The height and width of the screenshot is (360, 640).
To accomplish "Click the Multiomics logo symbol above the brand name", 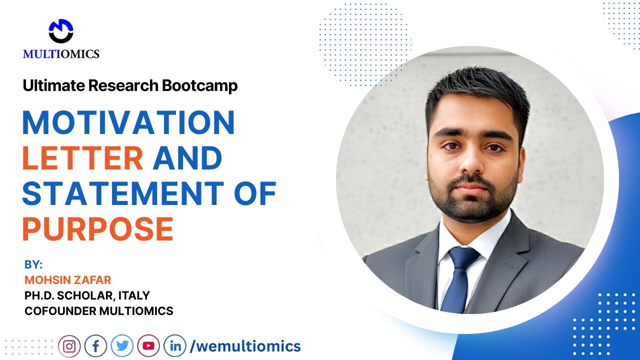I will point(61,31).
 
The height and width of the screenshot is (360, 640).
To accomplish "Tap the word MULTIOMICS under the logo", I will point(61,54).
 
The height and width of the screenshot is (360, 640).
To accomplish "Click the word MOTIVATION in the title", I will point(128,123).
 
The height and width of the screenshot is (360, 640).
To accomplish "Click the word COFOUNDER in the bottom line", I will point(59,310).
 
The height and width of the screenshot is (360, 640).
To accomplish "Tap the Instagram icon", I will point(69,345).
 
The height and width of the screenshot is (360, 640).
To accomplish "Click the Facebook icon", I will point(95,345).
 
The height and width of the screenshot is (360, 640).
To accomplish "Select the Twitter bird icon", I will point(122,345).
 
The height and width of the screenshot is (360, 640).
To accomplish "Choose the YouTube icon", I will point(148,345).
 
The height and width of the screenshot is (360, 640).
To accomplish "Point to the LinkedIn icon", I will point(175,345).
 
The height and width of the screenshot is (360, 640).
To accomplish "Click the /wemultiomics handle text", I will point(245,345).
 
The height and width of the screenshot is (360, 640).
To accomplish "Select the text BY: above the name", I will point(33,265).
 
